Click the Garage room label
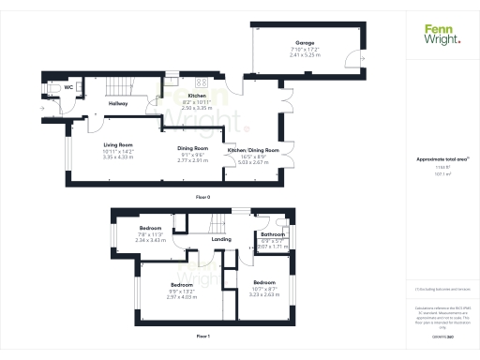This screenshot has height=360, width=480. (305, 42)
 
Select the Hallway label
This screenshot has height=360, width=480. (119, 103)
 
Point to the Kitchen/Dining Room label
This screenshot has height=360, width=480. (253, 150)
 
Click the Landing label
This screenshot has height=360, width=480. (222, 239)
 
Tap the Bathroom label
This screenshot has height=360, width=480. (273, 234)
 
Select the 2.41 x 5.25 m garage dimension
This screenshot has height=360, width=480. (305, 55)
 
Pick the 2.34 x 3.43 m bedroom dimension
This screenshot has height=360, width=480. (151, 240)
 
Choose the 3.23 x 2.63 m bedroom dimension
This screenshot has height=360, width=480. (265, 293)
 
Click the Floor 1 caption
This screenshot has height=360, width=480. (202, 334)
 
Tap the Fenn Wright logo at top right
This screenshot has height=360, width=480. (442, 35)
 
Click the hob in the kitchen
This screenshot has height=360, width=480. (174, 81)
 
